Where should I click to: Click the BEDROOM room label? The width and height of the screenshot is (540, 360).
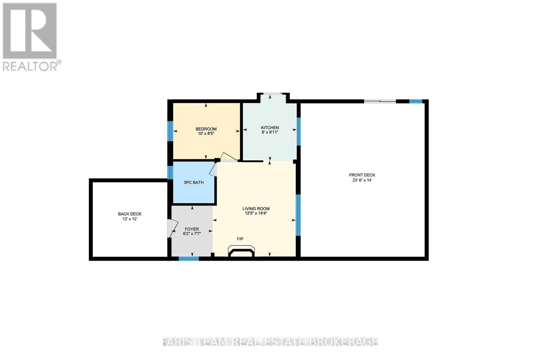point(206,129)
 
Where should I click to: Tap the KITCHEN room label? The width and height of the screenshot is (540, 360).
point(270,128)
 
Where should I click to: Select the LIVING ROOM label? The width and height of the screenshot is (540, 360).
point(256,209)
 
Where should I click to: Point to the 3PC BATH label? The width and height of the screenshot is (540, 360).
point(193,183)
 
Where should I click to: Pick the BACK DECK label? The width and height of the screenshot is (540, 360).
point(130,214)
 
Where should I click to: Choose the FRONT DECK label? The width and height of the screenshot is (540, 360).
point(362,175)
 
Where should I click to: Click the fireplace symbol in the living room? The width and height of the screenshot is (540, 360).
point(241,252)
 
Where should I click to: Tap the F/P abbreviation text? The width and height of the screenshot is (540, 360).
point(240,239)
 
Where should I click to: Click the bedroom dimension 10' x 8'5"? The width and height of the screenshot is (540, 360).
point(206,134)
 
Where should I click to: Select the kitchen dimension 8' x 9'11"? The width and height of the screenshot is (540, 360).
point(270,132)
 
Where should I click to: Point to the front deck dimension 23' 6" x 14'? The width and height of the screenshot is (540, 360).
point(362,180)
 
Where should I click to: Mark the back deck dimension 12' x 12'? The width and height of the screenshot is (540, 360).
point(130,219)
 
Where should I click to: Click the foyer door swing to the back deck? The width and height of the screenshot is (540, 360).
point(172,228)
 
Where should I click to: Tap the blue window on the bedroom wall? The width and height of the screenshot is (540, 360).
point(170,131)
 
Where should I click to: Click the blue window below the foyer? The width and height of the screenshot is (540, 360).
point(189,259)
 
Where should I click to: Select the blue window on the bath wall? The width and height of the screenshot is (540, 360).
point(170,172)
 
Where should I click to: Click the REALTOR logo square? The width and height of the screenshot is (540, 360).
point(30,31)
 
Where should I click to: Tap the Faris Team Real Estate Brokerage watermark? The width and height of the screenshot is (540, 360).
point(270,341)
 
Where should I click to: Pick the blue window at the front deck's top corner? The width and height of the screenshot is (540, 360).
point(415,101)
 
